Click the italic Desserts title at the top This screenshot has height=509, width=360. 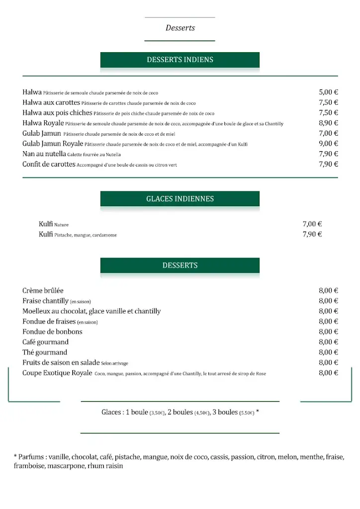tap(180, 28)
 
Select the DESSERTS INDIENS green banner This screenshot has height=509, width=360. tap(180, 60)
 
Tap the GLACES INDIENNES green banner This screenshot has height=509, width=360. tap(180, 199)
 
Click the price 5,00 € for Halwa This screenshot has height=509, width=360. tap(328, 92)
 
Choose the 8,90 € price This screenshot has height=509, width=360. tap(328, 123)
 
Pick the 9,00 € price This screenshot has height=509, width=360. tap(328, 144)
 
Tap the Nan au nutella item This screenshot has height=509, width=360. tap(44, 154)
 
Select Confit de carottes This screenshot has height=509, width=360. tap(49, 164)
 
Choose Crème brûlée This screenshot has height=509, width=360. tap(43, 290)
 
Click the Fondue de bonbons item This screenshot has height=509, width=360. tap(52, 332)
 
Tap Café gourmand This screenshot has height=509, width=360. tap(45, 342)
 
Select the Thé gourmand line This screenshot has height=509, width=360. tap(45, 352)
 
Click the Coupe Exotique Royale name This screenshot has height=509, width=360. tap(57, 373)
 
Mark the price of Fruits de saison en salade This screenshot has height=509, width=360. tap(328, 362)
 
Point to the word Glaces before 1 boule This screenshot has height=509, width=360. tap(111, 412)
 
